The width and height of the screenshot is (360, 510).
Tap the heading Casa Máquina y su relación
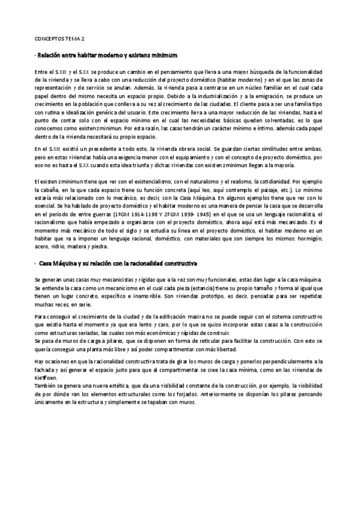click(117, 264)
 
